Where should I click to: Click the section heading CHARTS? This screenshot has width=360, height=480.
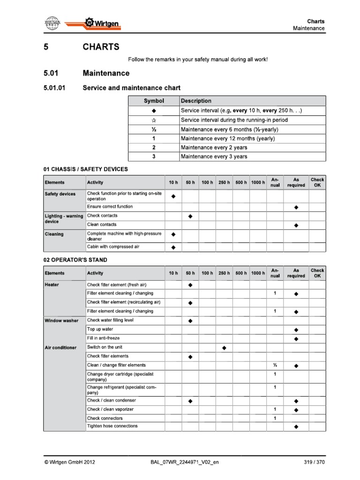101,47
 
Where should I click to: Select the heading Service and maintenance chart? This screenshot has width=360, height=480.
131,88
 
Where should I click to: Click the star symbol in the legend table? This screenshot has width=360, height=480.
153,120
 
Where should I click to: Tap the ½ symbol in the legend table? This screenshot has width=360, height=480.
153,129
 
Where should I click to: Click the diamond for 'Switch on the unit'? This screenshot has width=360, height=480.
224,348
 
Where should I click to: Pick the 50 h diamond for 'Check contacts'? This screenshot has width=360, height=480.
190,216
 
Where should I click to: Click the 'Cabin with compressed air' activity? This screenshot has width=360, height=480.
113,247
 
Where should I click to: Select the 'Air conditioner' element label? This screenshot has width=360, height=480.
60,348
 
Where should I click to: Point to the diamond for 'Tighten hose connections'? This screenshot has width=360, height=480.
296,427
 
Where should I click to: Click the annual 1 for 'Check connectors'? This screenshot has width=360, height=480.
275,418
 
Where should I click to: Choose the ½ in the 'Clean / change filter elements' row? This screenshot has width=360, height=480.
275,365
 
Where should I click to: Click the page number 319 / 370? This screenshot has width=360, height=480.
314,462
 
